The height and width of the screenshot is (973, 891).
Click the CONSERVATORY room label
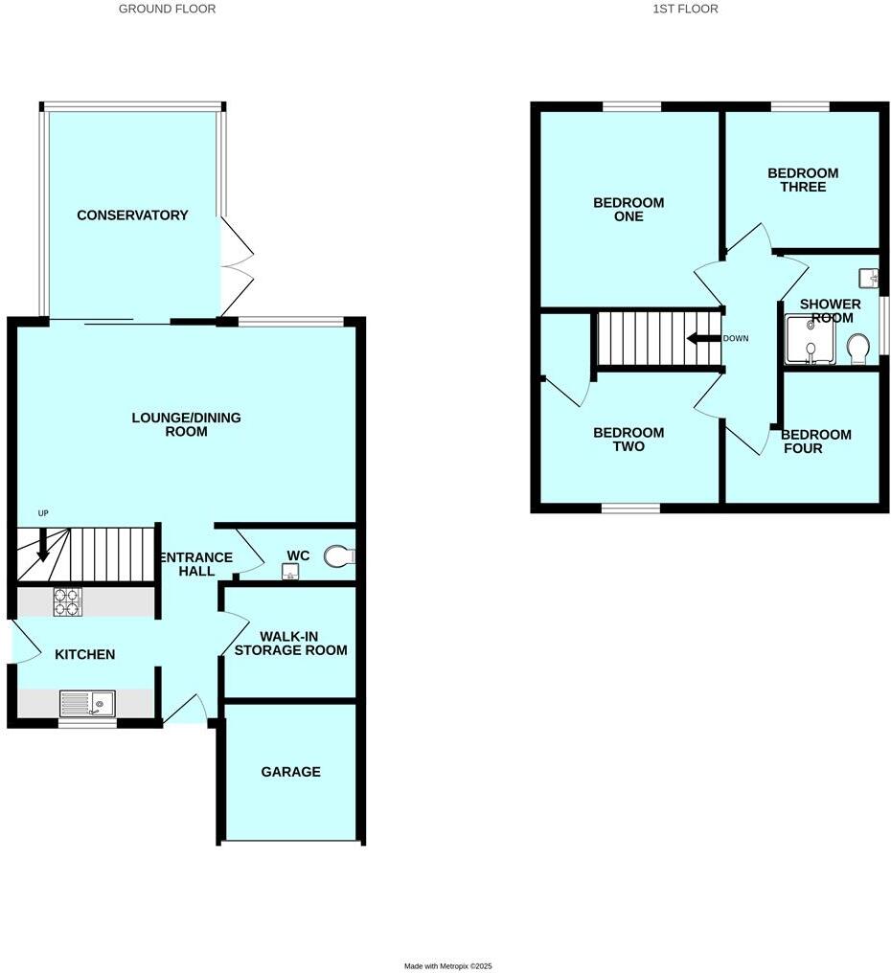(x=132, y=215)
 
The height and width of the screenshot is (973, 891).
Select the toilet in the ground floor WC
(x=338, y=555)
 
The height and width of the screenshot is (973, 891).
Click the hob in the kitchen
(x=67, y=601)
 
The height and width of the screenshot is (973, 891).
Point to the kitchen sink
(x=87, y=705)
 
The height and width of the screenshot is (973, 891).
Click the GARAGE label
(x=290, y=772)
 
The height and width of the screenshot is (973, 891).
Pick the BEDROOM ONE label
(x=628, y=210)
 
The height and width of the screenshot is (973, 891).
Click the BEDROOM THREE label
(x=803, y=180)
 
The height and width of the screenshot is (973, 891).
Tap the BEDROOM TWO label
(x=628, y=440)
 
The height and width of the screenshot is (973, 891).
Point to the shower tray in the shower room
(x=811, y=342)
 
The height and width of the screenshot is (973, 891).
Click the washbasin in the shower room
(x=870, y=278)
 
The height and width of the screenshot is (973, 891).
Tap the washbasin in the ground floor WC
(x=288, y=572)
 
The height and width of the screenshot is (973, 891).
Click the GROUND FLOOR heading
(x=167, y=9)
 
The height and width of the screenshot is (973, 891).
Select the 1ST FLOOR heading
(x=685, y=9)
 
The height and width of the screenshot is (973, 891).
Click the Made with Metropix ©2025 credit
(x=447, y=966)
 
